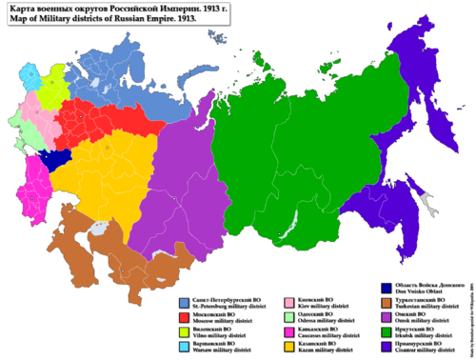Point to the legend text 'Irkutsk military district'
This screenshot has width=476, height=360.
[425, 336]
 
